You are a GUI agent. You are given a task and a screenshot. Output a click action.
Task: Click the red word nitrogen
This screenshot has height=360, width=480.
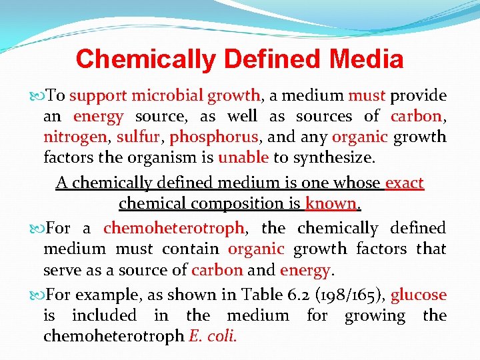(74, 137)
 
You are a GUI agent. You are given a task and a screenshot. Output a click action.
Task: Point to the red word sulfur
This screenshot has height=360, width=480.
(140, 137)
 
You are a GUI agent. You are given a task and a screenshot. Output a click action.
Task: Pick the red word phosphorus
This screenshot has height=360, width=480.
(213, 137)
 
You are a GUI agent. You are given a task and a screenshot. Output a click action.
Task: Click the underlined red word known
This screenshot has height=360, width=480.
(331, 203)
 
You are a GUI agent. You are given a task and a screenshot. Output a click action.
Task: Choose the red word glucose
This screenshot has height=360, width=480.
(418, 295)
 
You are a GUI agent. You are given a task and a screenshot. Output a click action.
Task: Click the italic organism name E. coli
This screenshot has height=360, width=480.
(213, 337)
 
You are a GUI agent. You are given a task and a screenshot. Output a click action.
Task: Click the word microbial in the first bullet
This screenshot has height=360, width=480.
(165, 95)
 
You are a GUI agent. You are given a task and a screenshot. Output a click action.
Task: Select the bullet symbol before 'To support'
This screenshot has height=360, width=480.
(37, 96)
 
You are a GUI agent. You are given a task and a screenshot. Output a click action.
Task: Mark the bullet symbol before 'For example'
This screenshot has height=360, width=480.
(37, 295)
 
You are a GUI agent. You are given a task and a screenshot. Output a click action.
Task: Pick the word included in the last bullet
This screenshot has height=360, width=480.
(103, 315)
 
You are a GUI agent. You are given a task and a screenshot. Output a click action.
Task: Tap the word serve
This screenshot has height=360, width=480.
(63, 271)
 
